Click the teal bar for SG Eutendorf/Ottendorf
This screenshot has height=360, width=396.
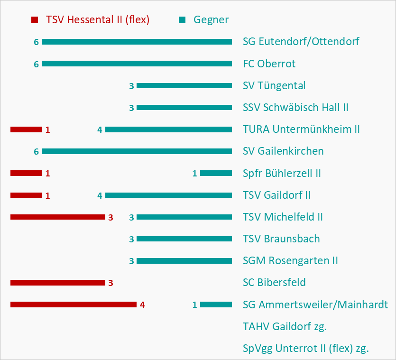pyautogui.click(x=137, y=42)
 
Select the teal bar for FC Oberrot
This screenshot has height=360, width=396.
pyautogui.click(x=137, y=64)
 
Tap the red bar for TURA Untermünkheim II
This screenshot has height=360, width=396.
pyautogui.click(x=26, y=129)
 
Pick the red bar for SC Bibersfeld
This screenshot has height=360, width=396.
pyautogui.click(x=57, y=283)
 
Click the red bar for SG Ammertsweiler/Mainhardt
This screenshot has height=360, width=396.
pyautogui.click(x=73, y=305)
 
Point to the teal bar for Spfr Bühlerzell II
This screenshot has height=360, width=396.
pyautogui.click(x=216, y=173)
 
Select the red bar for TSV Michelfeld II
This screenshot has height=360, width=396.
pyautogui.click(x=57, y=217)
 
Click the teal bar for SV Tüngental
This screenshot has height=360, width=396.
pyautogui.click(x=184, y=86)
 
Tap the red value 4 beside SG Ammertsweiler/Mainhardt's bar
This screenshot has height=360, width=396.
pyautogui.click(x=142, y=305)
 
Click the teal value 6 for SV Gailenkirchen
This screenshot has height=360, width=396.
pyautogui.click(x=36, y=152)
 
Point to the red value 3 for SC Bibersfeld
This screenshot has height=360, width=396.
pyautogui.click(x=111, y=283)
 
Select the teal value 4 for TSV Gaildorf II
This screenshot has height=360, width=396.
pyautogui.click(x=100, y=195)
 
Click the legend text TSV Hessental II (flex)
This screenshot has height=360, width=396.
pyautogui.click(x=98, y=20)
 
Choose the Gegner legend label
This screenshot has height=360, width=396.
pyautogui.click(x=211, y=20)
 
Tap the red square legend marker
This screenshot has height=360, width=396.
pyautogui.click(x=34, y=20)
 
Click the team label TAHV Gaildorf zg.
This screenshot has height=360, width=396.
pyautogui.click(x=285, y=326)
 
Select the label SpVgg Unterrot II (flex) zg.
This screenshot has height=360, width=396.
pyautogui.click(x=306, y=349)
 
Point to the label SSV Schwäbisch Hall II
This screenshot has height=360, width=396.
pyautogui.click(x=295, y=107)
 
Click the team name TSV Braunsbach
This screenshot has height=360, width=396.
pyautogui.click(x=281, y=239)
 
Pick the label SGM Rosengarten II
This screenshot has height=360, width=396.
pyautogui.click(x=290, y=260)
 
